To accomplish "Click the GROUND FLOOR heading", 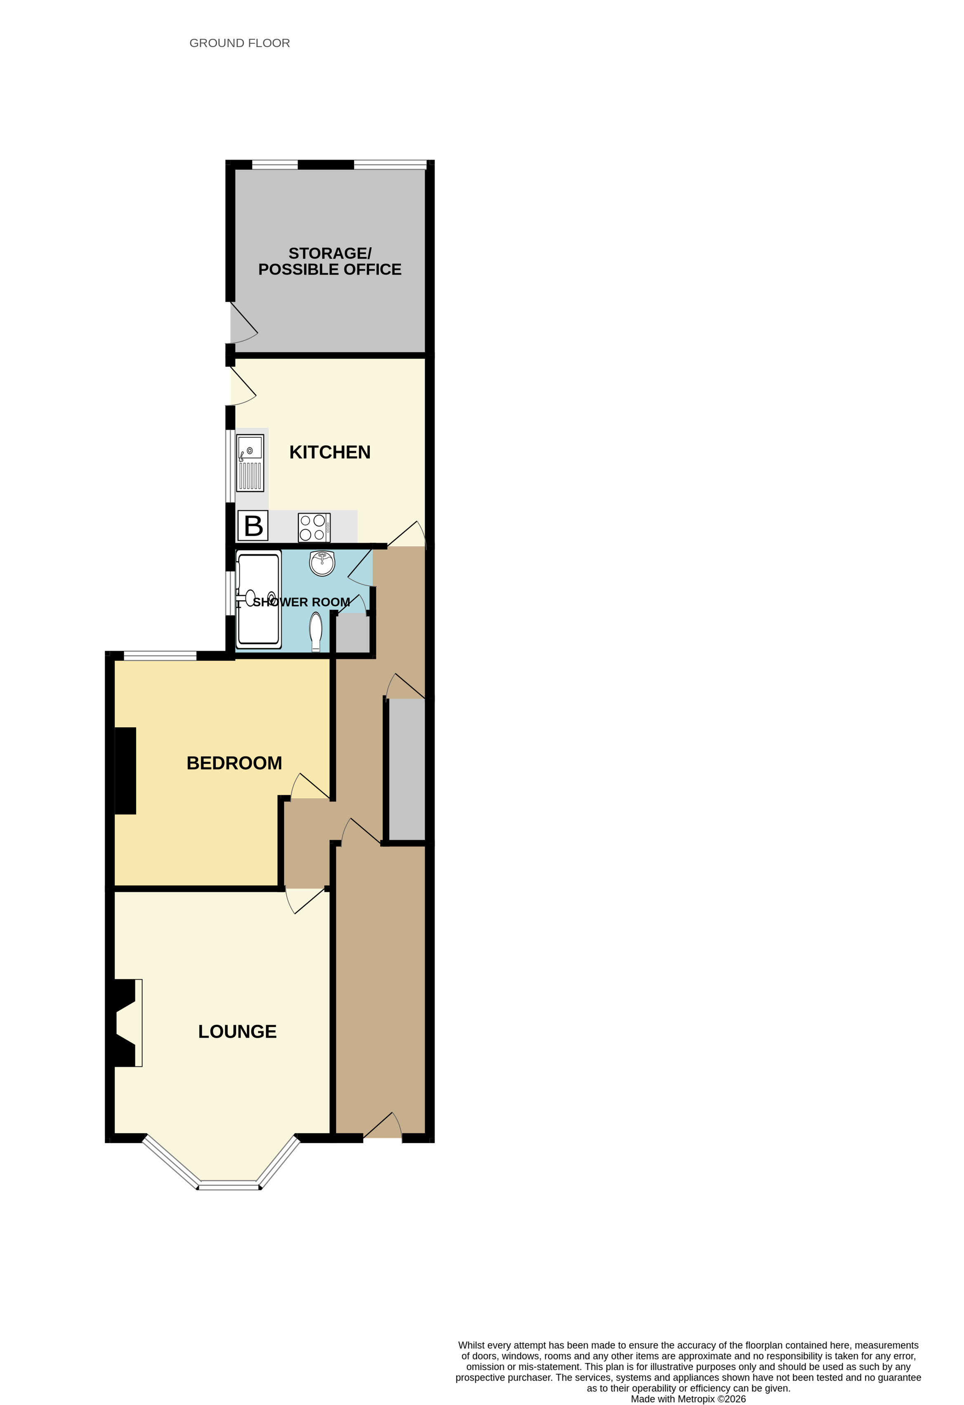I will [239, 43].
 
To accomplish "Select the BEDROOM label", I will [234, 763].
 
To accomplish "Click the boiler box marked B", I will [253, 525].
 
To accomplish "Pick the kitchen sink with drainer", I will [250, 463].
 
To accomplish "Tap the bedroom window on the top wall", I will [160, 655].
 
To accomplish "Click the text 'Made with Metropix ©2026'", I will [688, 1398].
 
